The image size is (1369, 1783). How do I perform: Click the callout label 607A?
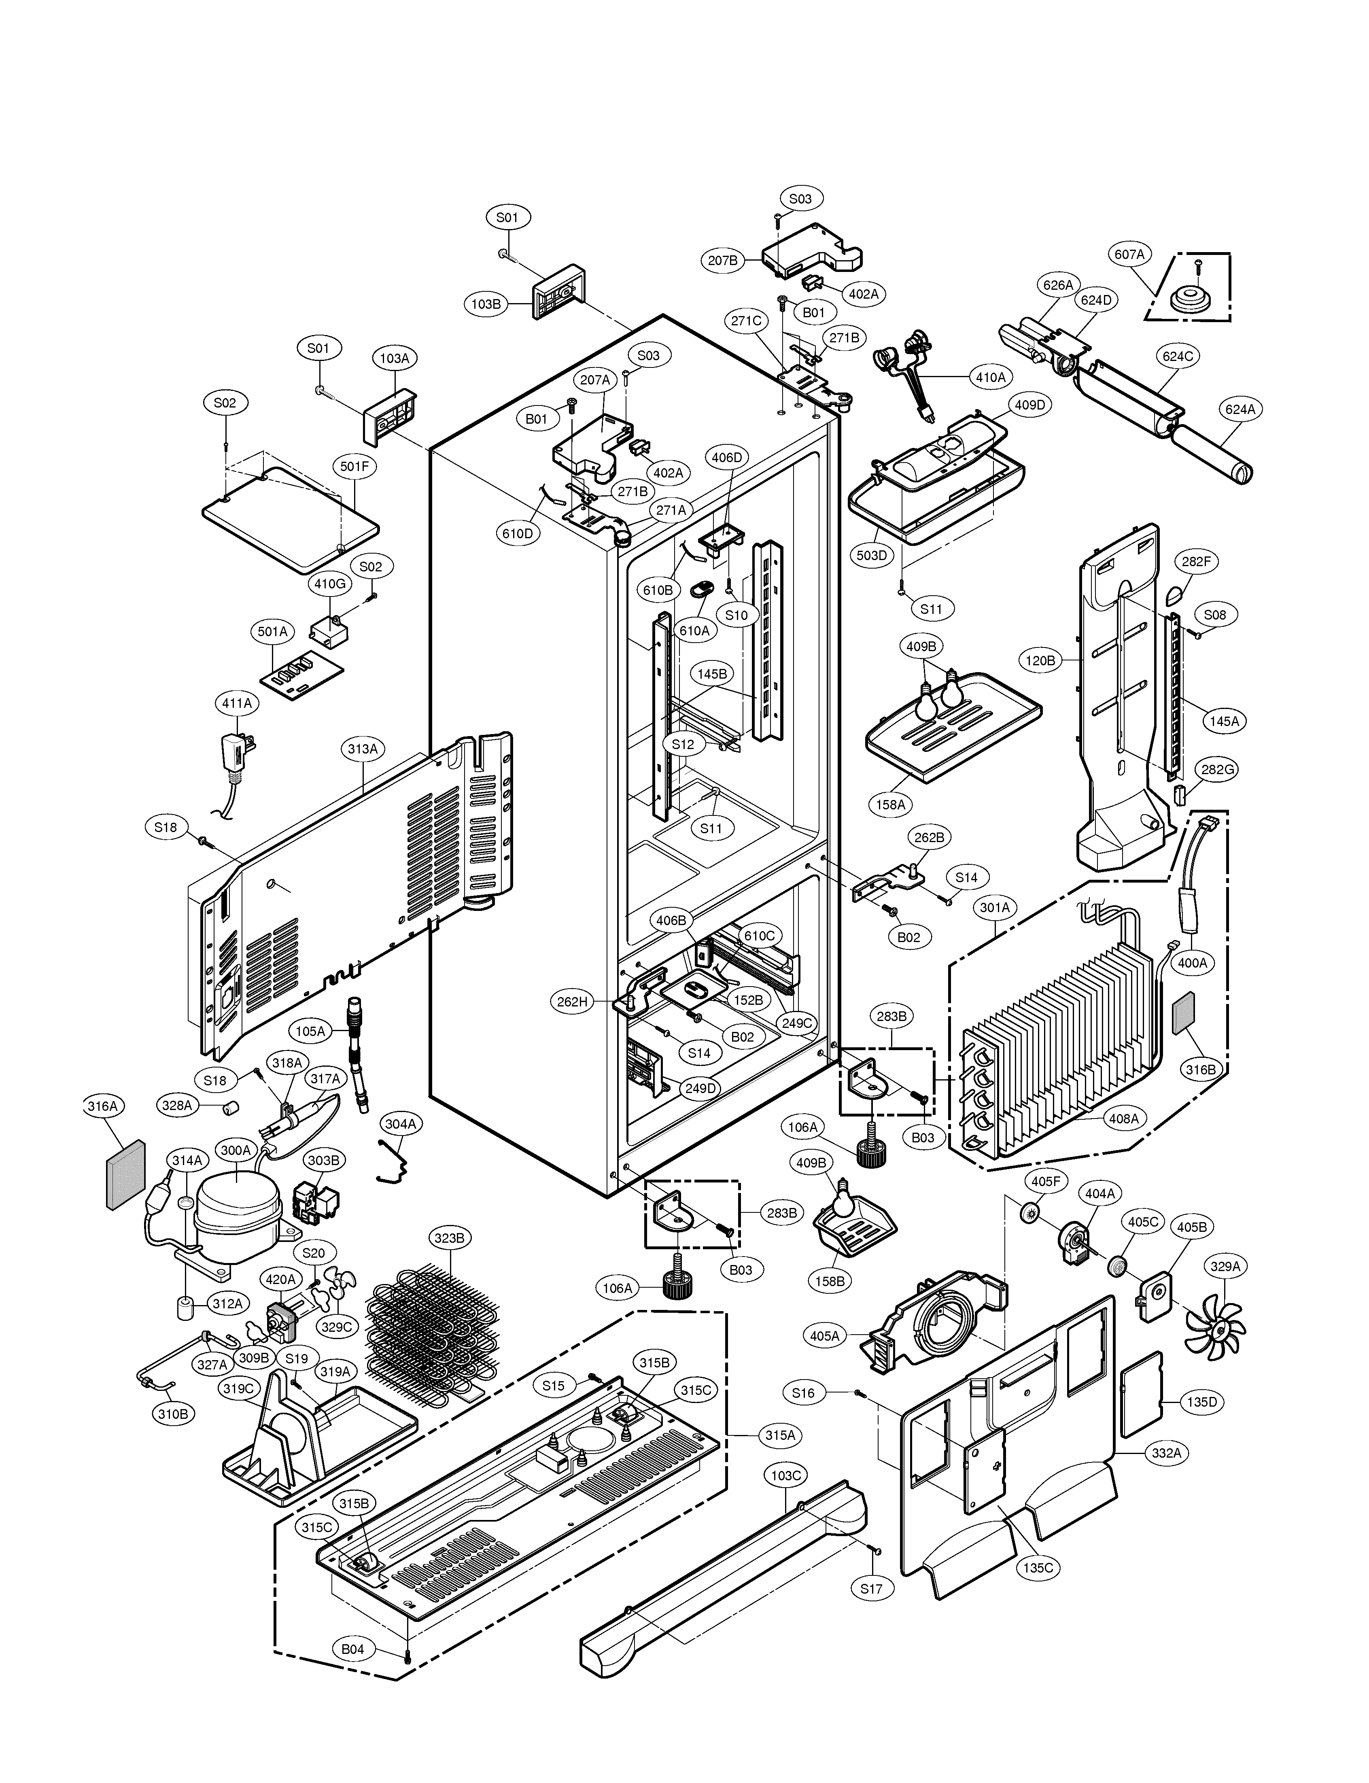click(1129, 254)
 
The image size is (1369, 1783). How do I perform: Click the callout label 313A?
click(363, 749)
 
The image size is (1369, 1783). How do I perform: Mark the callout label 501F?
click(354, 467)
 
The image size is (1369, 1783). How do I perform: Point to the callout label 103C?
click(786, 1476)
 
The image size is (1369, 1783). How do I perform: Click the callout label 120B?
click(1040, 661)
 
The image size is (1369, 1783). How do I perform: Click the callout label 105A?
click(310, 1031)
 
